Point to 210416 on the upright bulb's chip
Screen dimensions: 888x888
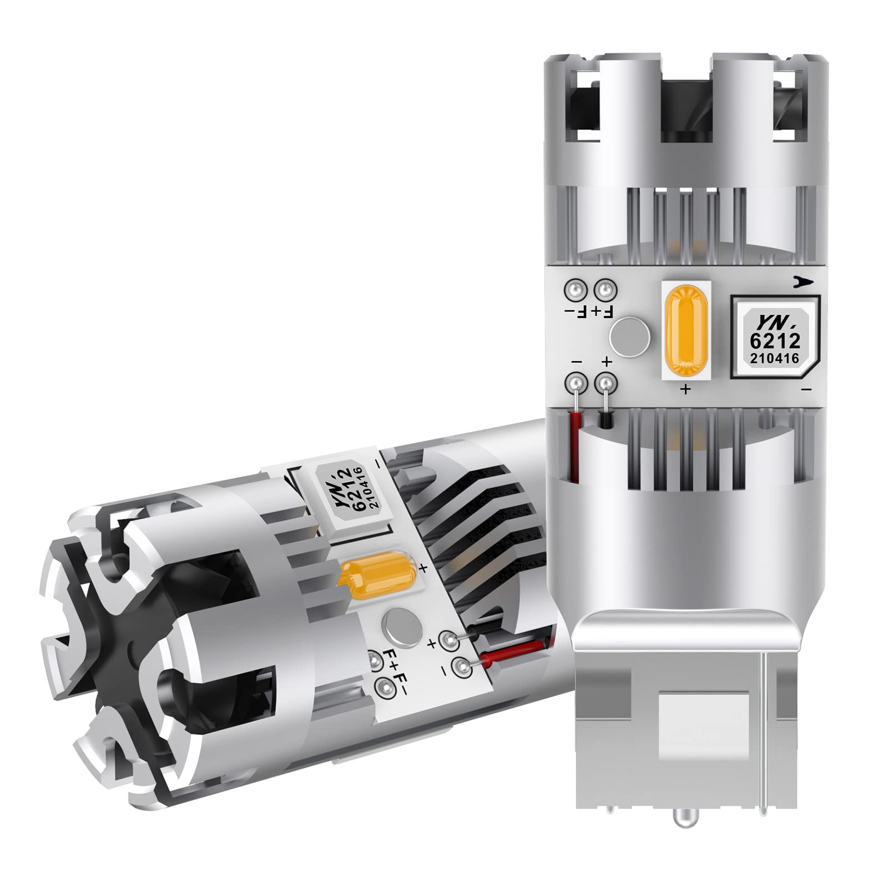(774, 359)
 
